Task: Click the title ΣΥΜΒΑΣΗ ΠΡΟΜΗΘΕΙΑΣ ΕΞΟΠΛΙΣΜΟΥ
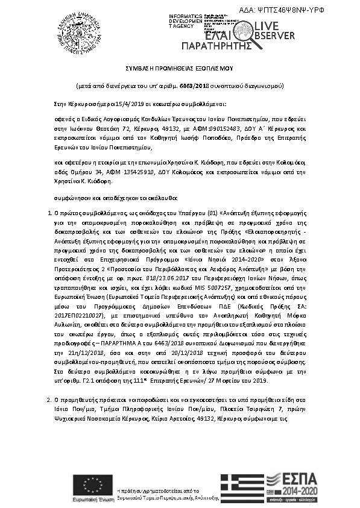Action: click(180, 70)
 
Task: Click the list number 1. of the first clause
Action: click(49, 214)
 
